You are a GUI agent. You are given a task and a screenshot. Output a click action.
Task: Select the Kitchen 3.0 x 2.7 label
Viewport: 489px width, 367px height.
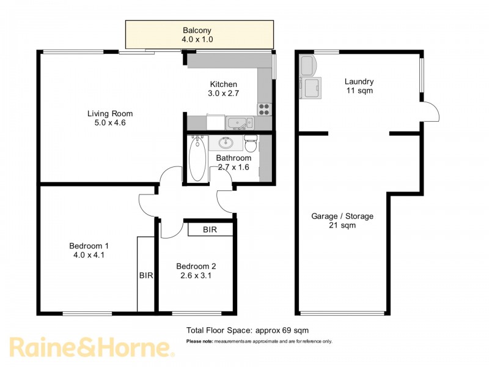(223, 89)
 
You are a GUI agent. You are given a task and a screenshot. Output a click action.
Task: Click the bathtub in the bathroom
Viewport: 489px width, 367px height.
(197, 160)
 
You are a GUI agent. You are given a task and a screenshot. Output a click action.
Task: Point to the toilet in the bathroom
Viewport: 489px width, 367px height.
(251, 144)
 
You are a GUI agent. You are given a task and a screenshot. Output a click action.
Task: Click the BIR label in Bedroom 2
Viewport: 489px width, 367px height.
(210, 230)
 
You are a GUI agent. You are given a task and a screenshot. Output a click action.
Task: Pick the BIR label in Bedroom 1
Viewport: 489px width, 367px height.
(145, 276)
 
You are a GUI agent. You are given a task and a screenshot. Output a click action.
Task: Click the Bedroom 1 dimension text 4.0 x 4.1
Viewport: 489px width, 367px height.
(86, 256)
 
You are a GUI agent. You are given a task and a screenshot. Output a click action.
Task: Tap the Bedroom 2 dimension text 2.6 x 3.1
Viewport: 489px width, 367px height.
(196, 276)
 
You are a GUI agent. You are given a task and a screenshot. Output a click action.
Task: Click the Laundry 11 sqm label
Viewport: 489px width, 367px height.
(359, 86)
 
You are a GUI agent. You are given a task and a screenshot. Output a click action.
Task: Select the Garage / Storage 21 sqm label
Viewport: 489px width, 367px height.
(342, 221)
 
